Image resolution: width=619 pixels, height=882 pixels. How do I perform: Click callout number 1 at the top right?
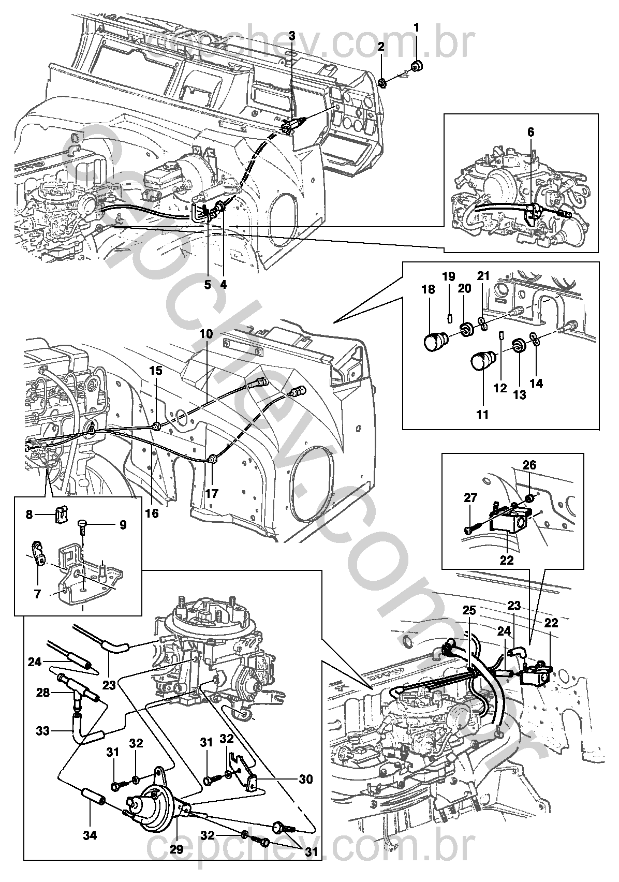point(416,28)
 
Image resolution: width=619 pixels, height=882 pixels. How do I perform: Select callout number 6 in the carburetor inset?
point(530,133)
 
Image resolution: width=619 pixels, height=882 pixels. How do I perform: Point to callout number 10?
point(206,334)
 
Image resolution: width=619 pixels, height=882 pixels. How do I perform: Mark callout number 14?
point(536,383)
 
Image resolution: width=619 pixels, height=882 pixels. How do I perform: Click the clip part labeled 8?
point(58,514)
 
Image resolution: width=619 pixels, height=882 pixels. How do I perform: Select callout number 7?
point(37,594)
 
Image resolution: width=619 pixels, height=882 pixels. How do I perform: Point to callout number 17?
point(212,493)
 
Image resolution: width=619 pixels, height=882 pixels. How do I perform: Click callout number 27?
point(470,498)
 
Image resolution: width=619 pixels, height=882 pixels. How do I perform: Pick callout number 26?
point(529,465)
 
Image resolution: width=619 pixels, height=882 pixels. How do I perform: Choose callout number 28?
point(43,692)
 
